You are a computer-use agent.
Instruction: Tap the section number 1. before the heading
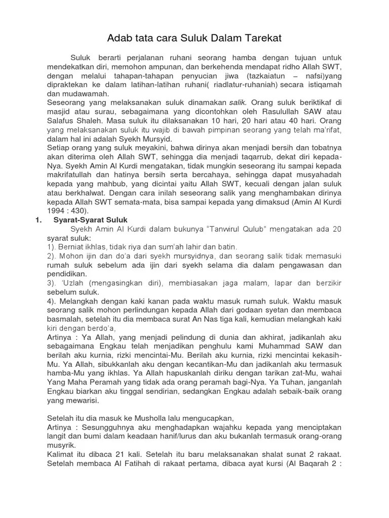click(38, 220)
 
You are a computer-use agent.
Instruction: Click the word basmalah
click(66, 319)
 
